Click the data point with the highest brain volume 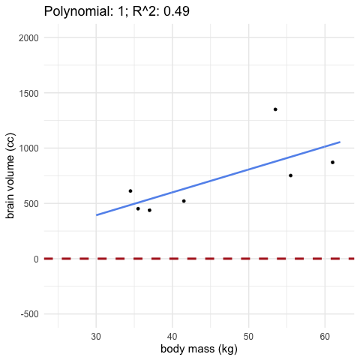275,109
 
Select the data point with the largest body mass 332,162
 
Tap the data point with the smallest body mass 130,191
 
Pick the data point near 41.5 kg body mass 184,201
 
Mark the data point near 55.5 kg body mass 290,175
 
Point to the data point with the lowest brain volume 149,210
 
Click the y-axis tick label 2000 28,38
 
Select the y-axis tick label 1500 28,93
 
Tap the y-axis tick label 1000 28,148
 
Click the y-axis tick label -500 30,314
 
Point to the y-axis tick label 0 36,259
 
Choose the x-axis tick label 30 96,337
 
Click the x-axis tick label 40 172,337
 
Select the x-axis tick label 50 249,337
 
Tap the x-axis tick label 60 325,337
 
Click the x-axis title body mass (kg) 199,349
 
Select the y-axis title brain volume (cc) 10,175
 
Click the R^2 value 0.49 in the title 176,11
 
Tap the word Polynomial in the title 77,11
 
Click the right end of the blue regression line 340,142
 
